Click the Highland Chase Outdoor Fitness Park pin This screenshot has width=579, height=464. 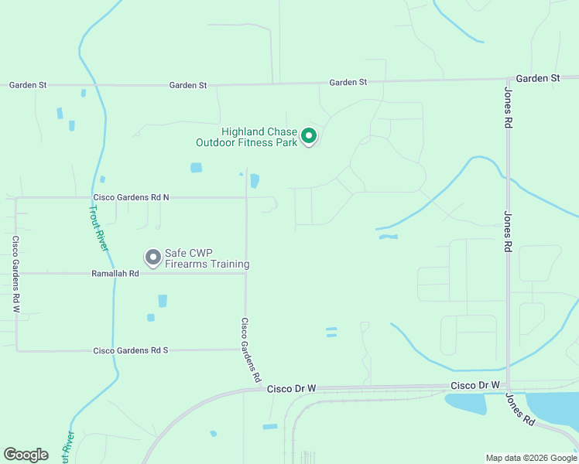click(309, 137)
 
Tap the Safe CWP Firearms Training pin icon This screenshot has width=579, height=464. click(152, 256)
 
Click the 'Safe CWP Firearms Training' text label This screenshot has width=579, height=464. click(207, 258)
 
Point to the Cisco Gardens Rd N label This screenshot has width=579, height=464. click(131, 197)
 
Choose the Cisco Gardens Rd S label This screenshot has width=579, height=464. click(131, 350)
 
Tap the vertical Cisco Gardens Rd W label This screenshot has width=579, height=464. click(15, 274)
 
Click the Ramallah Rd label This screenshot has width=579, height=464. click(115, 273)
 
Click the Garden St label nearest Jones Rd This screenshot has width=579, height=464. click(537, 79)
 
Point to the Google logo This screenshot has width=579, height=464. click(26, 455)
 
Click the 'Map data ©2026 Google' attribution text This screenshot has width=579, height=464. click(530, 458)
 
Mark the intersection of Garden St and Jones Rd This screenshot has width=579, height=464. click(508, 79)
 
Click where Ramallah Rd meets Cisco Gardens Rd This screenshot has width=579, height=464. click(246, 273)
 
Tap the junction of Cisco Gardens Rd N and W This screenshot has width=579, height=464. click(15, 197)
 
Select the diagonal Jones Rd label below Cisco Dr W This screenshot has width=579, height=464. click(520, 409)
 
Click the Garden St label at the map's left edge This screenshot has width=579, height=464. click(28, 85)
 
